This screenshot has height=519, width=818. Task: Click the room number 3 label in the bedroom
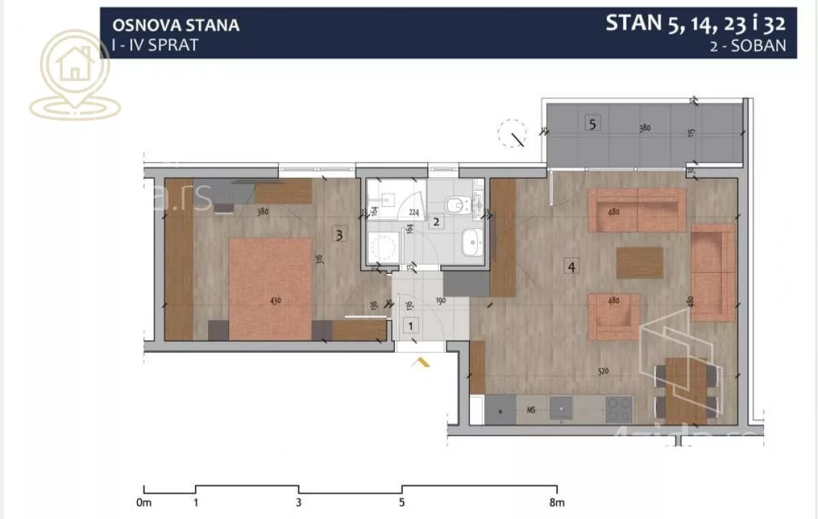(340, 236)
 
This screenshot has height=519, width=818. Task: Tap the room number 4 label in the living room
(571, 267)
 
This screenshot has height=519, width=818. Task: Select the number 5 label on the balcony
(592, 124)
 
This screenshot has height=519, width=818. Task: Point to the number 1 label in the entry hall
(410, 326)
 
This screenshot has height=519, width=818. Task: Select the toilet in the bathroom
(455, 204)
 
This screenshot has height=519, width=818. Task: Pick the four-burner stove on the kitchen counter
(618, 409)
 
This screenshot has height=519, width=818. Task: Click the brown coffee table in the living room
(639, 262)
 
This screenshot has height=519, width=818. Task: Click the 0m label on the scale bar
(143, 503)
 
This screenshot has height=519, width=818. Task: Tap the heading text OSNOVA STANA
(175, 26)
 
